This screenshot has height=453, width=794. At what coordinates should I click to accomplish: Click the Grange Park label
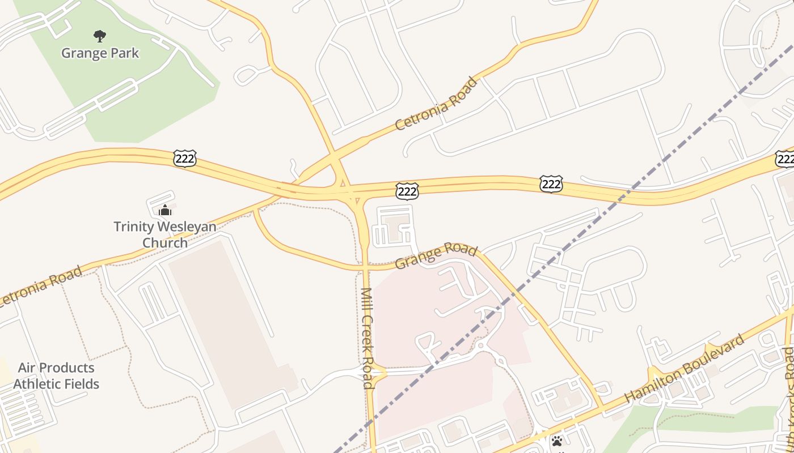pyautogui.click(x=100, y=53)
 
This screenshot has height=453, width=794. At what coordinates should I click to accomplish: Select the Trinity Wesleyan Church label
pyautogui.click(x=164, y=234)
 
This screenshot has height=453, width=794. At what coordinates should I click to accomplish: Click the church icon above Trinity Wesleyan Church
pyautogui.click(x=165, y=211)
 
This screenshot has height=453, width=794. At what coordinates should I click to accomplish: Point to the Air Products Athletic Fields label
pyautogui.click(x=56, y=375)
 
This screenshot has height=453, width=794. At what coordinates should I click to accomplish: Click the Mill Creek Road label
pyautogui.click(x=368, y=338)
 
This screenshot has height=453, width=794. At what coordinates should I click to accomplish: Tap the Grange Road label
pyautogui.click(x=436, y=255)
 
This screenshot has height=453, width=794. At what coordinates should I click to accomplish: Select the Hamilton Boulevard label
pyautogui.click(x=685, y=369)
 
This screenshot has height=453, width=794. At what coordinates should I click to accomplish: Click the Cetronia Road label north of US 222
pyautogui.click(x=436, y=104)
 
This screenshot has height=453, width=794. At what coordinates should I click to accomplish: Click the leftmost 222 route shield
pyautogui.click(x=184, y=159)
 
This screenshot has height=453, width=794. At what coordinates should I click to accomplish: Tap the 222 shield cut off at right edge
pyautogui.click(x=785, y=159)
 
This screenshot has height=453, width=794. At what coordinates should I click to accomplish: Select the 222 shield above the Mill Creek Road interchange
pyautogui.click(x=407, y=191)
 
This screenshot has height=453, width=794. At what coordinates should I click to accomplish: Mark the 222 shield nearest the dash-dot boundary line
pyautogui.click(x=551, y=183)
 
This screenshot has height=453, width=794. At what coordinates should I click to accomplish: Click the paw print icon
pyautogui.click(x=557, y=441)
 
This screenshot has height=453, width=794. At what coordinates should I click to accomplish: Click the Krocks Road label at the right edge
pyautogui.click(x=788, y=368)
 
